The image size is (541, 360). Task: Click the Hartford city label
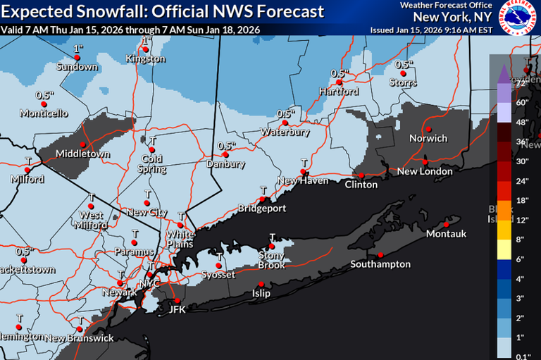(334, 92)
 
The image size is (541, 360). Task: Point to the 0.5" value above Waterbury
(285, 113)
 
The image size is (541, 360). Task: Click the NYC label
(149, 283)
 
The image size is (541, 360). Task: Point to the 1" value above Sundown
(77, 49)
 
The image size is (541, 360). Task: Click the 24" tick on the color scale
(523, 180)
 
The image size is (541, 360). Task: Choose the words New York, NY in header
(453, 16)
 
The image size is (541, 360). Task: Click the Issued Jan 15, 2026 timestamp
(430, 30)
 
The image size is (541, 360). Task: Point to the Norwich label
(428, 138)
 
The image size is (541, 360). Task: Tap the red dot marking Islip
(261, 283)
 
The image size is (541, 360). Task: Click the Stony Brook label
(271, 260)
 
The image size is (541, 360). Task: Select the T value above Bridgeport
(262, 190)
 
